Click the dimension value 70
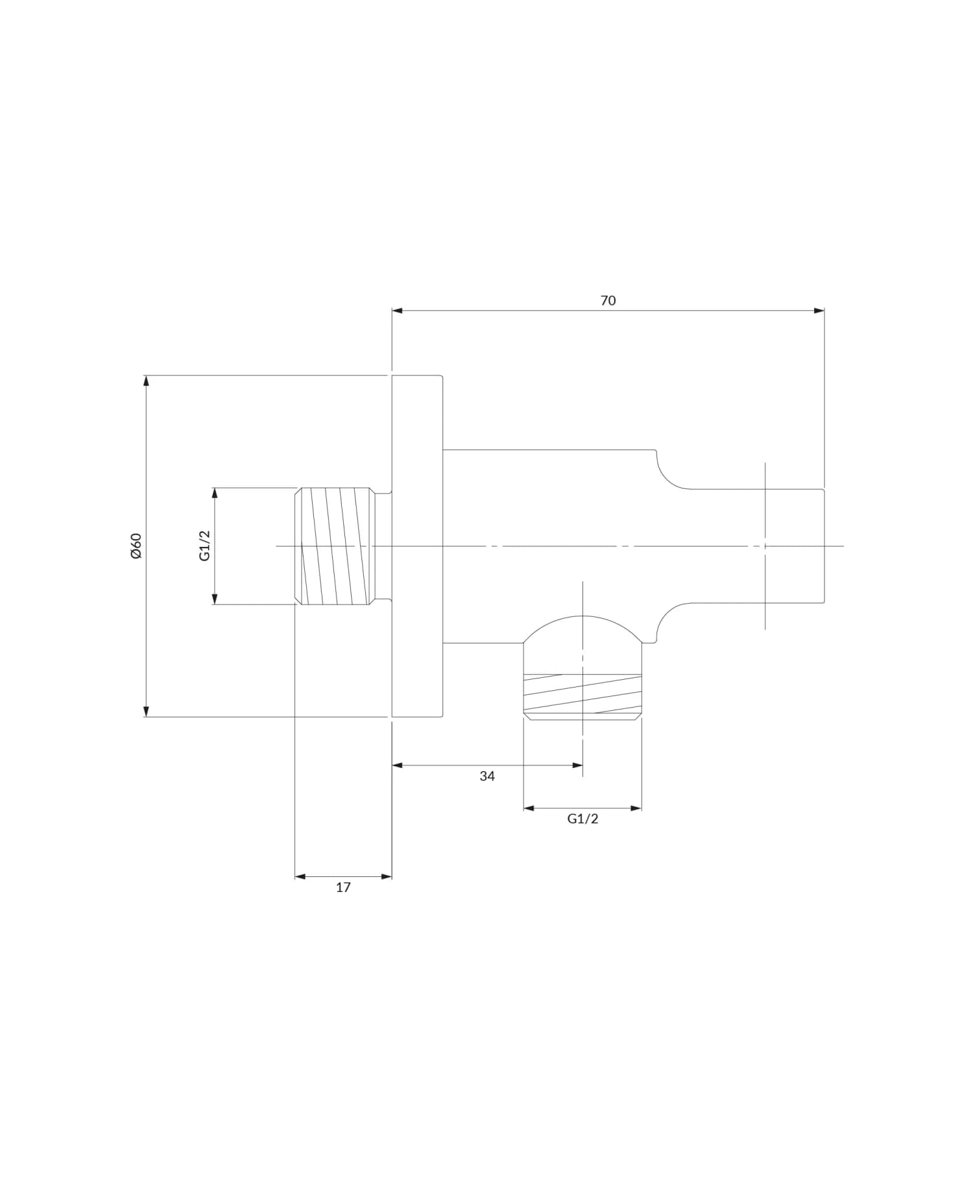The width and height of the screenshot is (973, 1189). (608, 300)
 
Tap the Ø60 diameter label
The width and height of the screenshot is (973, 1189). (136, 546)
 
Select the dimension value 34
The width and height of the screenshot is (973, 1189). (487, 776)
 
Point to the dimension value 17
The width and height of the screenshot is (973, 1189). (343, 887)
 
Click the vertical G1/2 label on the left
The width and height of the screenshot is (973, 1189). (205, 546)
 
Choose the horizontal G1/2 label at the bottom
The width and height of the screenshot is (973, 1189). (583, 819)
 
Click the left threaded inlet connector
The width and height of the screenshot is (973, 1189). (335, 546)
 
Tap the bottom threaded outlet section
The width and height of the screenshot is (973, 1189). (583, 695)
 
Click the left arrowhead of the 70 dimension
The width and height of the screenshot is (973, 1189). (397, 311)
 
